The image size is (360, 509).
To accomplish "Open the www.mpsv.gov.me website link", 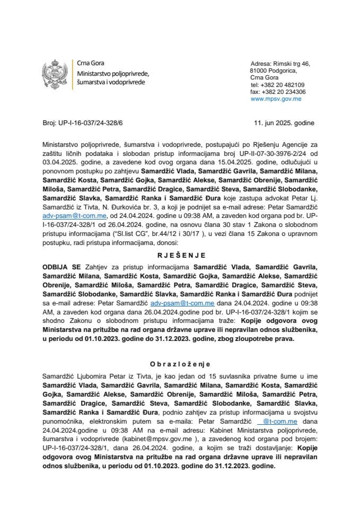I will pos(276,99).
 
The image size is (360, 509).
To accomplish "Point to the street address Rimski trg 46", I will pos(291,64).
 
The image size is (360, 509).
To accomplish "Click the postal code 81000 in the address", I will pos(258,71).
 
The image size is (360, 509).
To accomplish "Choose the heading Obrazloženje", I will pos(179,364).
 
